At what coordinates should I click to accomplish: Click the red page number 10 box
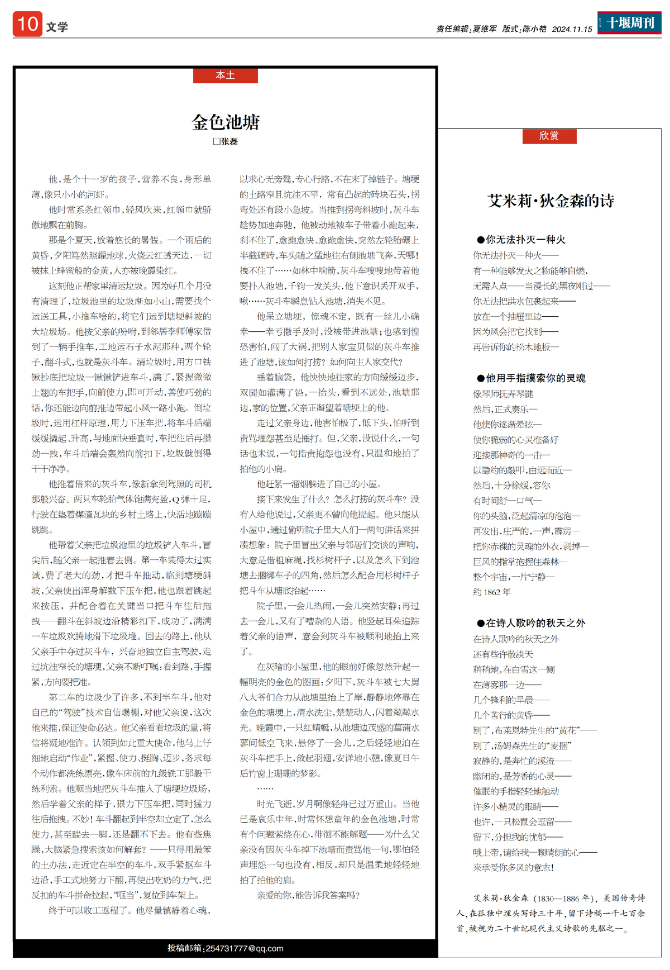click(27, 24)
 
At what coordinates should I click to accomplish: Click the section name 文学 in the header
click(57, 27)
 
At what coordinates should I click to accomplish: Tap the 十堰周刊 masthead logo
click(629, 23)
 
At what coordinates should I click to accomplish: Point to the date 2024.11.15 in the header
click(572, 29)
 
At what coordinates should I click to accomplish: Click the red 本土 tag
click(225, 75)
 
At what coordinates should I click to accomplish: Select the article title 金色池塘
click(226, 122)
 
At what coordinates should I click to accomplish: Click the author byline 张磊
click(226, 141)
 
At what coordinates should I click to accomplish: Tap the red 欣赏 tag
click(549, 136)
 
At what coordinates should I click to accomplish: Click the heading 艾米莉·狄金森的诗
click(551, 201)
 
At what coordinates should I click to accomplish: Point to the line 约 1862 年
click(492, 592)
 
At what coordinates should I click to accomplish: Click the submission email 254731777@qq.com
click(244, 948)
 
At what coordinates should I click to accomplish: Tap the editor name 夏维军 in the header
click(484, 29)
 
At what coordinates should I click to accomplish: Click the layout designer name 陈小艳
click(534, 29)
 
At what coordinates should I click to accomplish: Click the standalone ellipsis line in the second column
click(265, 788)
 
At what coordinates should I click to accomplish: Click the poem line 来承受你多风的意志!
click(514, 868)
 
